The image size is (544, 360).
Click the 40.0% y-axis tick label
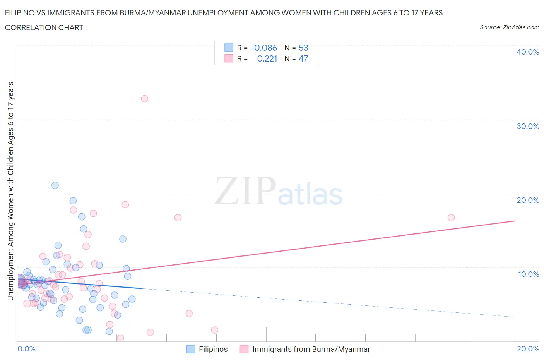(528, 52)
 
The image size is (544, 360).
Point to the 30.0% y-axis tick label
(528, 126)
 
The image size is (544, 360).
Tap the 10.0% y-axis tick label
(528, 274)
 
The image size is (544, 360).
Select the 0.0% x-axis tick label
(27, 349)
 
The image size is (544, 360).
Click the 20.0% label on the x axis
(528, 349)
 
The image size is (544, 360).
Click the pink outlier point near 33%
(144, 99)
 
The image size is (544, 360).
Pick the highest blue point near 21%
(55, 185)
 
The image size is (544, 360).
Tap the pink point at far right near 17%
(451, 218)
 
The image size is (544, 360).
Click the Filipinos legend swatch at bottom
(191, 349)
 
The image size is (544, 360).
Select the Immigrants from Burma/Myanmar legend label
(311, 349)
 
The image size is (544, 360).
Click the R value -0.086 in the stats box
(263, 48)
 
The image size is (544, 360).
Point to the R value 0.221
(267, 58)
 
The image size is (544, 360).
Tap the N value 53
(303, 48)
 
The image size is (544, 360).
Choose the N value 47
(303, 58)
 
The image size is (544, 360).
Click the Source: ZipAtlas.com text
(509, 27)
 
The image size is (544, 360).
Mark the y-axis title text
(10, 191)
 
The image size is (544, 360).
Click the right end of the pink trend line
(515, 221)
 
